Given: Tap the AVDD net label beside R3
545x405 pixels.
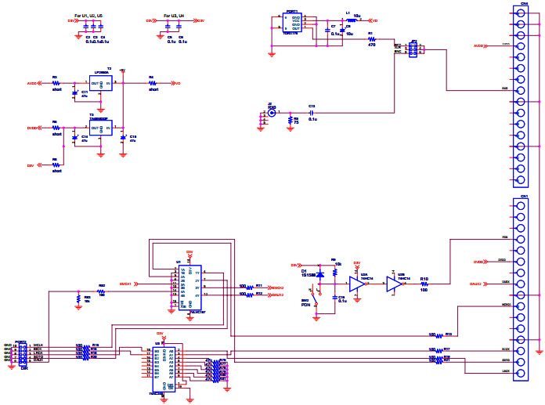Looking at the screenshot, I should coord(32,82).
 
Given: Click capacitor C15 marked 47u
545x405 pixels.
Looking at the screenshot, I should coord(124,139).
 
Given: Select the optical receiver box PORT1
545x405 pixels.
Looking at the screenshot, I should coord(292,24).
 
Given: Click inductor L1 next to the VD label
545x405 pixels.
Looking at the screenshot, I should coord(348,20).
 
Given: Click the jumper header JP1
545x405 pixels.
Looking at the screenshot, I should coord(413,49).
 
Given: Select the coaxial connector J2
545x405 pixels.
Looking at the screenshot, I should coord(272,113).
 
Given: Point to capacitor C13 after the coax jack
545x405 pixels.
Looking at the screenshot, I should coord(312,113).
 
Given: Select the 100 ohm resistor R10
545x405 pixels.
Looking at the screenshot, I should coord(424,284).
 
